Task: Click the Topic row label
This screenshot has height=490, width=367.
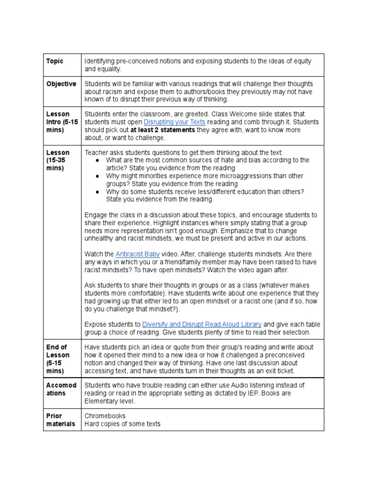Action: (54, 61)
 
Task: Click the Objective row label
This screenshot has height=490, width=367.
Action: (61, 84)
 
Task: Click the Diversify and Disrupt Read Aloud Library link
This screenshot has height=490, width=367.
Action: (202, 324)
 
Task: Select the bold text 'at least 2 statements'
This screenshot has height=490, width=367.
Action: (162, 130)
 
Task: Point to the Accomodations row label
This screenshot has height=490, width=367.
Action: (61, 389)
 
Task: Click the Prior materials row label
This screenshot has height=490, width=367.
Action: (61, 420)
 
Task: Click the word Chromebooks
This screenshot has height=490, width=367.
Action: (105, 416)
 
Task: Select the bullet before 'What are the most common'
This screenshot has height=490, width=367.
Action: (97, 160)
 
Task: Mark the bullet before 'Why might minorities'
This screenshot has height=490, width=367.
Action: (97, 176)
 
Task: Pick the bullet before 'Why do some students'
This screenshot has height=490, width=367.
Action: (97, 191)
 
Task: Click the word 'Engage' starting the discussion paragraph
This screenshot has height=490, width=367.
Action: (96, 215)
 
